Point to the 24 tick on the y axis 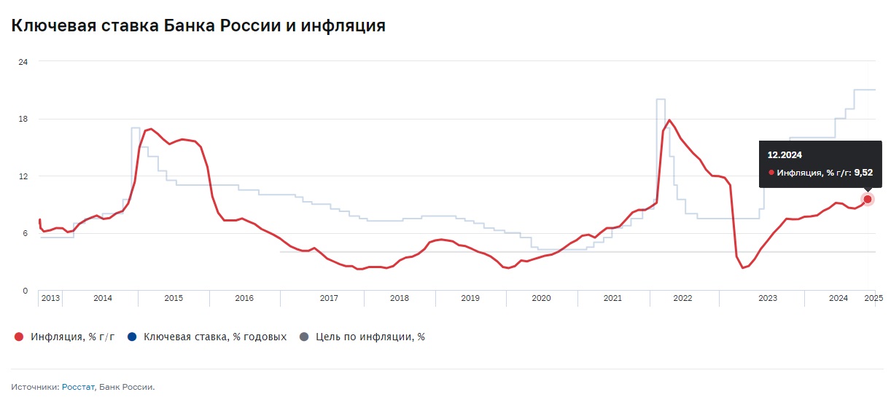coord(23,62)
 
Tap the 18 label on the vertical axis coord(23,119)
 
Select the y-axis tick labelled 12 coord(23,176)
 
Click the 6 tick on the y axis coord(25,233)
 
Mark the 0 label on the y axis coord(25,291)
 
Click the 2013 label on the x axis coord(50,298)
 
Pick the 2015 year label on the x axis coord(174,298)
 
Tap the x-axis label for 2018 coord(400,298)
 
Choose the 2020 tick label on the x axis coord(541,298)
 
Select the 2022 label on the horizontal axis coord(682,298)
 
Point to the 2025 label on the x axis coord(874,298)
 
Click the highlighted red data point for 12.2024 coord(868,199)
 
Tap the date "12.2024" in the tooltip coord(785,154)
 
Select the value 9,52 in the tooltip coord(863,173)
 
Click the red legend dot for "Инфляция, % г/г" coord(19,337)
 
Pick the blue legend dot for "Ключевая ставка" coord(131,337)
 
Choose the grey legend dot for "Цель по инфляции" coord(304,337)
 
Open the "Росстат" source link coord(78,387)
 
